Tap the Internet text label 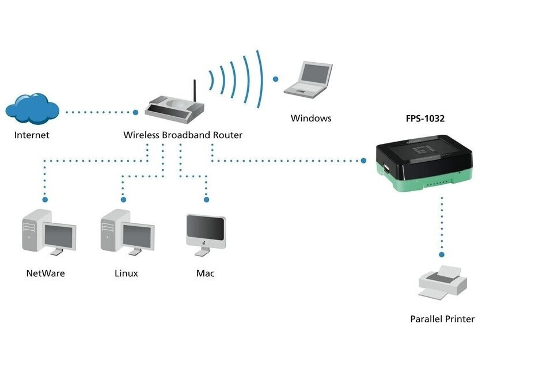click(x=32, y=135)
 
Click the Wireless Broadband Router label click(x=183, y=135)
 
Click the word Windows click(x=311, y=119)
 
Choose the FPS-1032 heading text click(x=425, y=119)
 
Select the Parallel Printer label click(x=442, y=319)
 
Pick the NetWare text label click(x=45, y=273)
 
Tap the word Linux click(x=126, y=273)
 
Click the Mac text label click(x=205, y=273)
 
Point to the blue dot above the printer click(x=442, y=254)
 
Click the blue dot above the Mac click(x=206, y=200)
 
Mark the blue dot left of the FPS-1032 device click(x=364, y=161)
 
